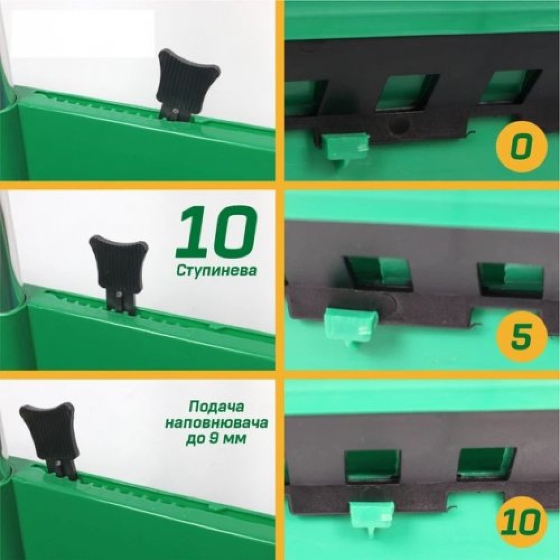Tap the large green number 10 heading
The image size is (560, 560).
(x=216, y=232)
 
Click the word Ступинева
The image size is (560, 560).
(x=216, y=270)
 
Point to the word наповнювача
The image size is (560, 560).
(x=216, y=423)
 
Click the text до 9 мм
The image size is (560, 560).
(x=216, y=438)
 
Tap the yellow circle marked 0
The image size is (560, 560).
(x=521, y=147)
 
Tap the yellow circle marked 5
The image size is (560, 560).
(x=521, y=336)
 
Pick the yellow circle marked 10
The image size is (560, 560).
(x=521, y=522)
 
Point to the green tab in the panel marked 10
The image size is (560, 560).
(x=372, y=516)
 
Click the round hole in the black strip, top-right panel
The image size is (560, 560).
(x=399, y=125)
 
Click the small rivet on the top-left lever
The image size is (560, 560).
(x=174, y=111)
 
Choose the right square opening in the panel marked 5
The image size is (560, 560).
(x=511, y=281)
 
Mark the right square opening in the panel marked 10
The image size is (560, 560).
(x=487, y=464)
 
